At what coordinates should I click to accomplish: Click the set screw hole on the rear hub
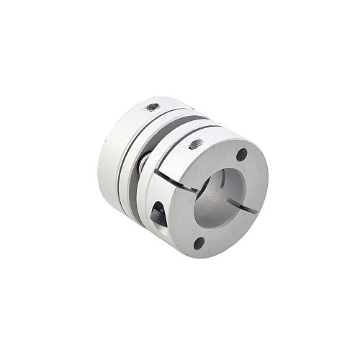[152, 107]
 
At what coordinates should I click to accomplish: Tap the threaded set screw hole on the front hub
[194, 145]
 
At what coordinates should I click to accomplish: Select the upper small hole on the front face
[242, 154]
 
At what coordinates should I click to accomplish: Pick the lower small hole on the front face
[198, 243]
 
